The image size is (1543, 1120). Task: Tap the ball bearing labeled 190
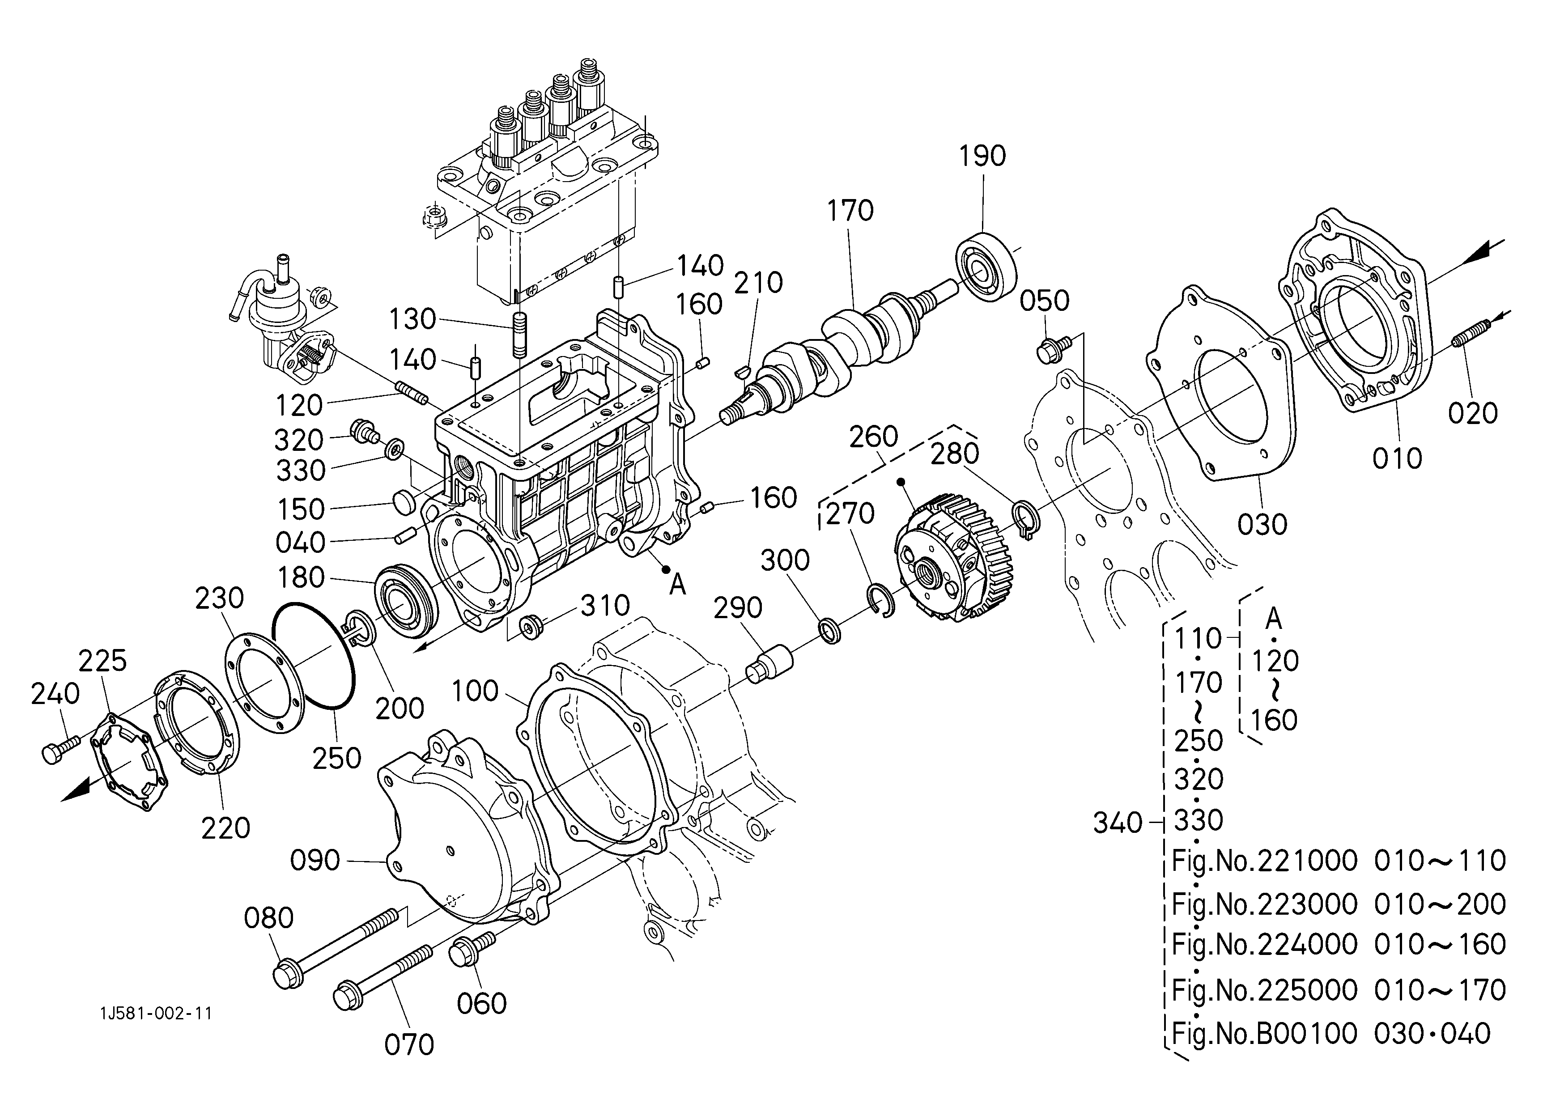click(x=986, y=267)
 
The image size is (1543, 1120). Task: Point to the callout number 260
click(x=874, y=437)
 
